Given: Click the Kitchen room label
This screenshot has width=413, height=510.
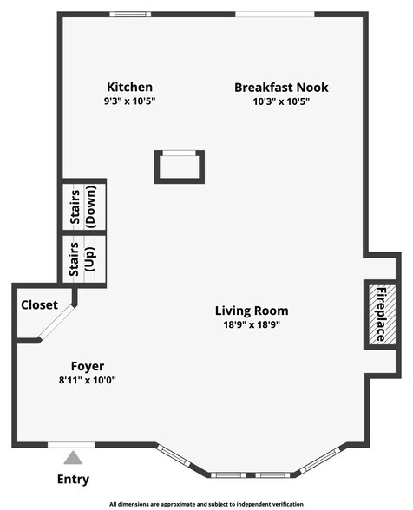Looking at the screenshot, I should tap(129, 87).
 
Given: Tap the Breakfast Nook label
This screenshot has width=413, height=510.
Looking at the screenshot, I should tap(281, 87).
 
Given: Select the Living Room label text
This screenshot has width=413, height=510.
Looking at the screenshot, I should tap(252, 311).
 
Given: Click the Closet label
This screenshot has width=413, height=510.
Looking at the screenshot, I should tap(39, 305).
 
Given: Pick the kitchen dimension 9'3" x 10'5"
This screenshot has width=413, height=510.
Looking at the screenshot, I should tap(129, 101).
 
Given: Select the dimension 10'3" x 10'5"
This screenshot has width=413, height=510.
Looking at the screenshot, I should tap(281, 101).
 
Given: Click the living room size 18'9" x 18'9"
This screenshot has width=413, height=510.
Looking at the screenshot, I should tap(252, 325).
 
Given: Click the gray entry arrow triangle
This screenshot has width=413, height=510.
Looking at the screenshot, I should tap(73, 458).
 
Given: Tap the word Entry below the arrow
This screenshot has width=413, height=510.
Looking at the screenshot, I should tap(73, 479).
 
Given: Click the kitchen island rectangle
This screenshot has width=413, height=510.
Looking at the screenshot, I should tap(180, 167).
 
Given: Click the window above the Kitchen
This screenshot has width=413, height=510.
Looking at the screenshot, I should tap(130, 14).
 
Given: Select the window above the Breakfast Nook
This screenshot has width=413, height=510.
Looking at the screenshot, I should tap(275, 14).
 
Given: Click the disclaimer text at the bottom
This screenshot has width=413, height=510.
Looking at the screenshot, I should tap(206, 503).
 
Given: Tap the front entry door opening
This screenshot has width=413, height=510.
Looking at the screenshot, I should tap(72, 446).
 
